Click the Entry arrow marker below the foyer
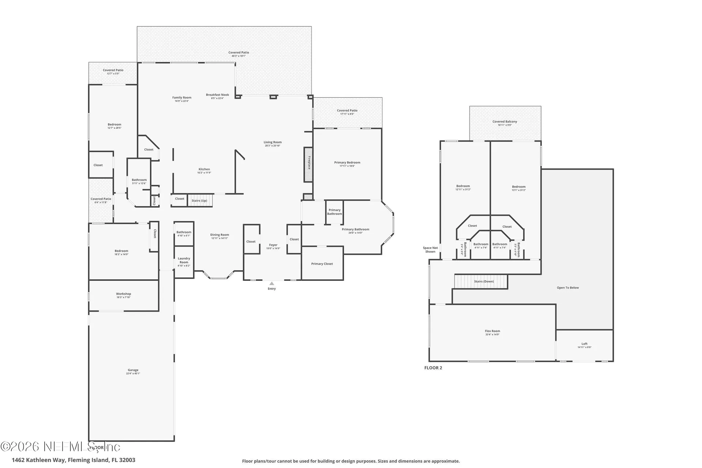pos(271,283)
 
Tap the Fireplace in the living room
pos(308,165)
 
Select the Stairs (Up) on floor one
pos(200,200)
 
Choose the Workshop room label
pos(124,294)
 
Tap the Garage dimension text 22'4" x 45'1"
pos(133,373)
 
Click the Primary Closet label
pos(322,264)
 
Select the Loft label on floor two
pos(584,344)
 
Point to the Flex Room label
pos(492,331)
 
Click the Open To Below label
pos(567,288)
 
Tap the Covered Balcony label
pos(505,122)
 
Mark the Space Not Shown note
pos(430,250)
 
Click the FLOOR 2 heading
pos(433,368)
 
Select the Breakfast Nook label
pos(217,95)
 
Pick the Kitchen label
pos(204,169)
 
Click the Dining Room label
pos(219,235)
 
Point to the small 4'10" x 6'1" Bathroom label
pos(184,232)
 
